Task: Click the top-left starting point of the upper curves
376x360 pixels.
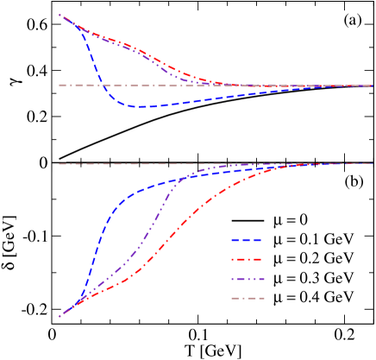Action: tap(59, 15)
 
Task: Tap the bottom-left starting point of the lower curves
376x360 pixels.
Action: tap(59, 317)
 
